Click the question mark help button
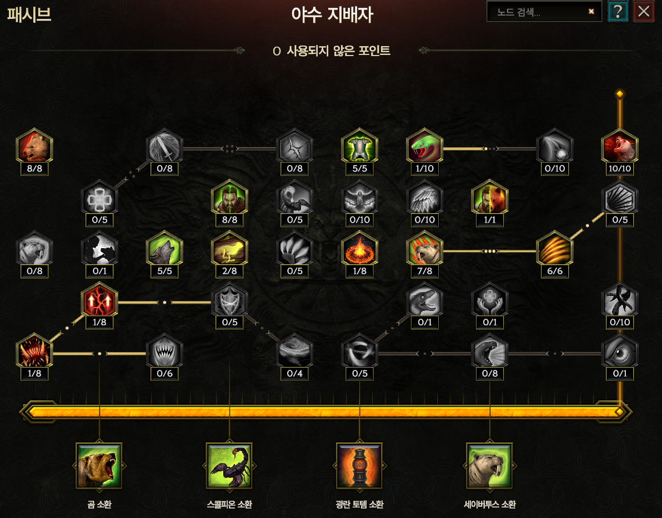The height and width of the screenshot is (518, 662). (x=618, y=11)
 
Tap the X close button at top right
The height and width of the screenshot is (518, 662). (x=644, y=11)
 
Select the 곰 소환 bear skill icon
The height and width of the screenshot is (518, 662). (x=99, y=465)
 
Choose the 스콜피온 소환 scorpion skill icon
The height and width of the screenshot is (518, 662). (x=229, y=465)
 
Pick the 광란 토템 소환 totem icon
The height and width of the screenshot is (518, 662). (x=359, y=465)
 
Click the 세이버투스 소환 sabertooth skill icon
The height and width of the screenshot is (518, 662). (x=489, y=465)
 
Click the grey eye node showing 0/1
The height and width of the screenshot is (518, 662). (x=620, y=352)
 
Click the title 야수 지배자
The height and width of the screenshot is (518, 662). (x=332, y=15)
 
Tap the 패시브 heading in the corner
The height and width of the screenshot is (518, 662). (x=29, y=14)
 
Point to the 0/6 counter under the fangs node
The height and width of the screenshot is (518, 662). (x=164, y=374)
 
